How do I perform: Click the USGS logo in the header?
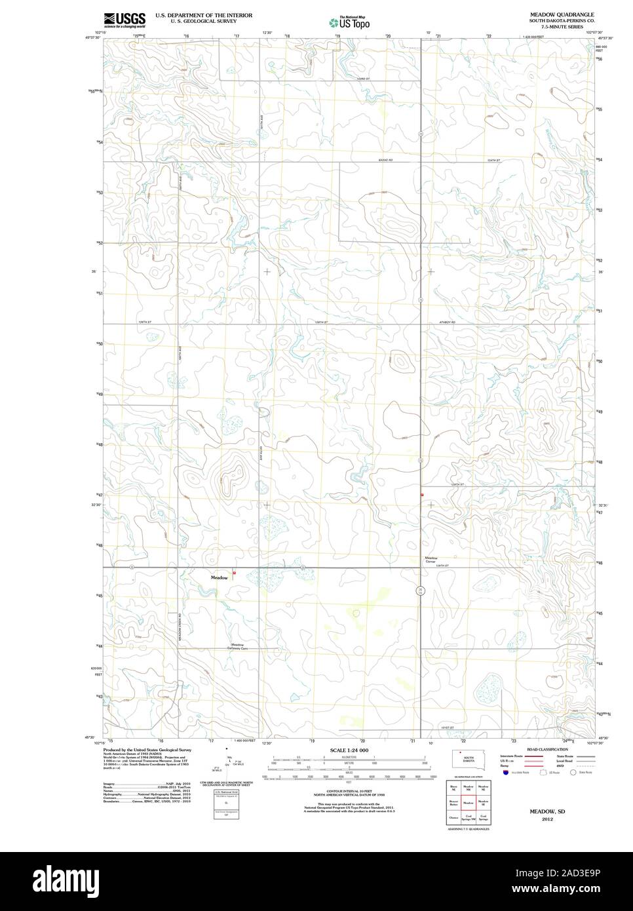pyautogui.click(x=124, y=20)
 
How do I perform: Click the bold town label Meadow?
pyautogui.click(x=220, y=577)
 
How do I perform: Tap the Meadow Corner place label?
pyautogui.click(x=431, y=560)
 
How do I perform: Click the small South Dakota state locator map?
pyautogui.click(x=468, y=759)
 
